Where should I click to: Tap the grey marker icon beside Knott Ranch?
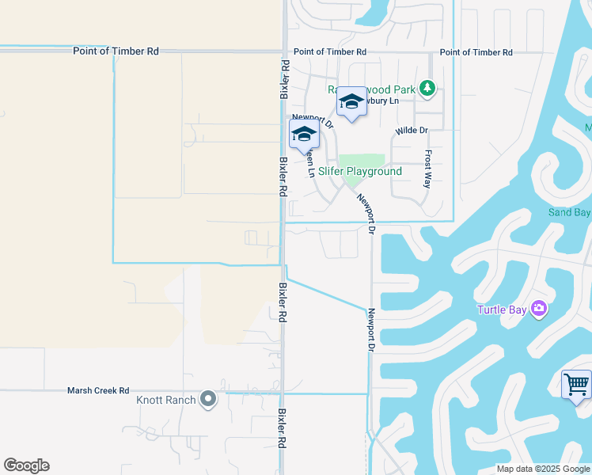208,399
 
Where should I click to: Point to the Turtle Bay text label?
502,309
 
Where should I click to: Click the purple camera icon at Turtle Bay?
539,308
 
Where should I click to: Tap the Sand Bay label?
570,212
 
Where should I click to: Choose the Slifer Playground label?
360,172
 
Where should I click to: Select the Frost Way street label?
428,168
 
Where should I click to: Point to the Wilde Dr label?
412,130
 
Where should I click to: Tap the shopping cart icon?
576,385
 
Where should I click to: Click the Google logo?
26,465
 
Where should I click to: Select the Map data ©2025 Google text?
543,469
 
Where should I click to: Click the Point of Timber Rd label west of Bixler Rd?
116,51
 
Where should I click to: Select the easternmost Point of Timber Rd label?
476,52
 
